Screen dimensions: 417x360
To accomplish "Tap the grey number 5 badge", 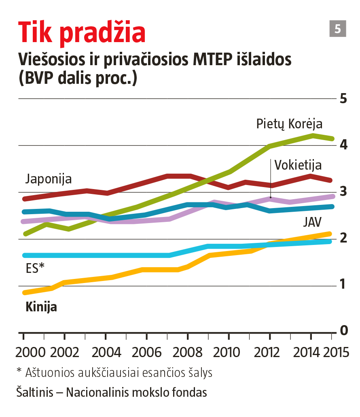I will [337, 29].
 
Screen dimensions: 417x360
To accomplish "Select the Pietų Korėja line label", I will [289, 124].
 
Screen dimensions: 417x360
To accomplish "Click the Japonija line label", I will [49, 179].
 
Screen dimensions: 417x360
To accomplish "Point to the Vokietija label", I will [298, 165].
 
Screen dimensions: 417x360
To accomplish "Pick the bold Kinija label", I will [41, 307].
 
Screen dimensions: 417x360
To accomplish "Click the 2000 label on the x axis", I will [31, 352].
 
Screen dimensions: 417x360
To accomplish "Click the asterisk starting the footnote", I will [19, 371].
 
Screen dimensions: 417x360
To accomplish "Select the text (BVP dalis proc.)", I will [78, 78].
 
